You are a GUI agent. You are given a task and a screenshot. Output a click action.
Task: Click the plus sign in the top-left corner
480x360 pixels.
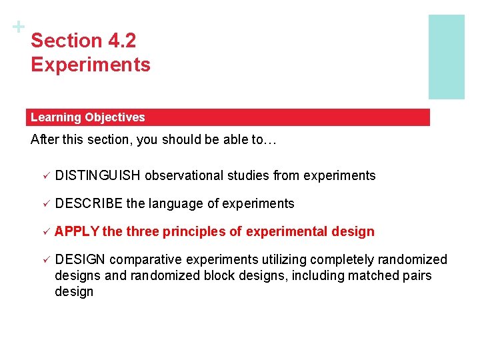19,27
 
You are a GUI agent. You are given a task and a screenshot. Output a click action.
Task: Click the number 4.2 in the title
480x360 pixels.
121,41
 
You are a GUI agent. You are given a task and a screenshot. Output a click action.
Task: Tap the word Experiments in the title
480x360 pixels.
91,65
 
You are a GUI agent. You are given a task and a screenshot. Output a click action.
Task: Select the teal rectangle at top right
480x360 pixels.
446,57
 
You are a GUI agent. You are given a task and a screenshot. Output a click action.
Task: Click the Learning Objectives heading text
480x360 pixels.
87,117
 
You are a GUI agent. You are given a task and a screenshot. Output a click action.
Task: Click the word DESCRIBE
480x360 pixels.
85,203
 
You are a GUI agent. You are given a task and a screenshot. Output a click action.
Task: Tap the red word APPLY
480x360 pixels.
77,231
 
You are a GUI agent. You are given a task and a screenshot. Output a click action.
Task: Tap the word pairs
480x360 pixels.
417,275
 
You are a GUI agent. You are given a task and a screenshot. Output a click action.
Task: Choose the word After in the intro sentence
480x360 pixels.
44,141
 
